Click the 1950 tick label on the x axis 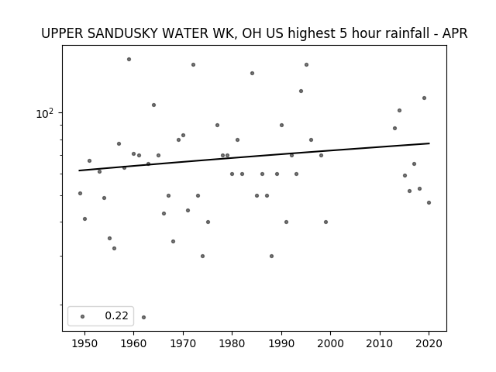click(84, 343)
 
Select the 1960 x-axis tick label click(133, 343)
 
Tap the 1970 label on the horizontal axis click(183, 343)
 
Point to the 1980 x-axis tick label click(232, 343)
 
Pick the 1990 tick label click(281, 343)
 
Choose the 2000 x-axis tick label click(330, 343)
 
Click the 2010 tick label click(380, 343)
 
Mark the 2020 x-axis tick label click(429, 343)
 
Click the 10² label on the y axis click(45, 114)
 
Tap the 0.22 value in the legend click(116, 315)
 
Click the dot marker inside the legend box click(83, 316)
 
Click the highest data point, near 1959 click(129, 59)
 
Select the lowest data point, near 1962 click(143, 317)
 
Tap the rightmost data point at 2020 click(429, 203)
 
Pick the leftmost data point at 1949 click(80, 193)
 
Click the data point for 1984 click(252, 74)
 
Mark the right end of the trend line click(429, 143)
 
